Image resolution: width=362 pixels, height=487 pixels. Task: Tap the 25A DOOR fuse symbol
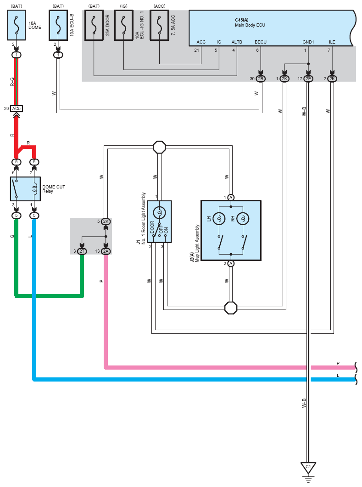coord(94,26)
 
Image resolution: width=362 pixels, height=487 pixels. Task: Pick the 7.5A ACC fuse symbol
coord(159,26)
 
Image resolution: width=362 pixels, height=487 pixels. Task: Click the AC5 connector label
coord(17,109)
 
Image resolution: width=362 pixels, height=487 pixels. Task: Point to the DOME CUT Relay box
coord(25,189)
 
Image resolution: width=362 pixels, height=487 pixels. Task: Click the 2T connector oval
coord(82,251)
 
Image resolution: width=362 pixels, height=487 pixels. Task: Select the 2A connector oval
coord(106,251)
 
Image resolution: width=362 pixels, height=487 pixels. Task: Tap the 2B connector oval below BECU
coord(261,79)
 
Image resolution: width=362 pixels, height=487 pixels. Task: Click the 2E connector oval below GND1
coord(308,79)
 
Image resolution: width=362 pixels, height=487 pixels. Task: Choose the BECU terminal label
coord(260,42)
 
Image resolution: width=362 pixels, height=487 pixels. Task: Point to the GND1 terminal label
coord(308,42)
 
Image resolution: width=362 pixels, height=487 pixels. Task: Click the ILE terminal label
coord(332,42)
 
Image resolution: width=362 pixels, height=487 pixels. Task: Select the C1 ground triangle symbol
coord(308,468)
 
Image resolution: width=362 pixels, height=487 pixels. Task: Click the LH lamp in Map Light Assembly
coord(219,218)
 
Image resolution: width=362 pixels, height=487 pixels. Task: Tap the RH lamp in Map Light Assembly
coord(243,218)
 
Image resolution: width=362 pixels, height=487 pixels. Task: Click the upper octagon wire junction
coord(159,147)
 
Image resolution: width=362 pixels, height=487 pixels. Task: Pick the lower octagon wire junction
coord(231,307)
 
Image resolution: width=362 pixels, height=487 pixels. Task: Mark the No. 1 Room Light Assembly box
coord(159,221)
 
